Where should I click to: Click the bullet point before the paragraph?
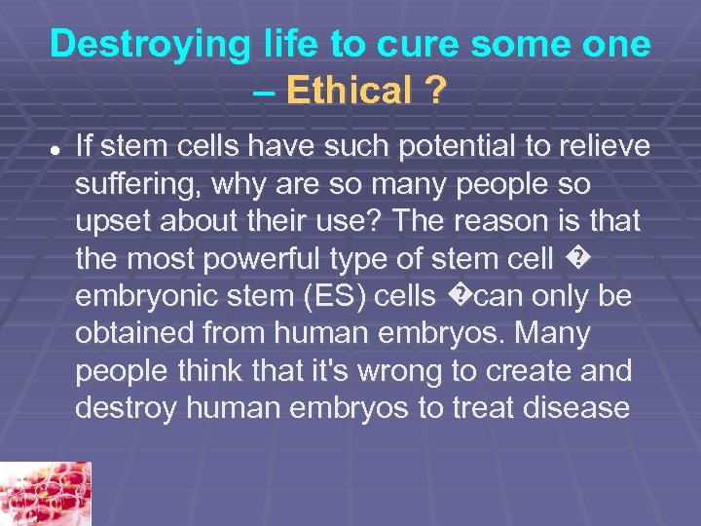(56, 149)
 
